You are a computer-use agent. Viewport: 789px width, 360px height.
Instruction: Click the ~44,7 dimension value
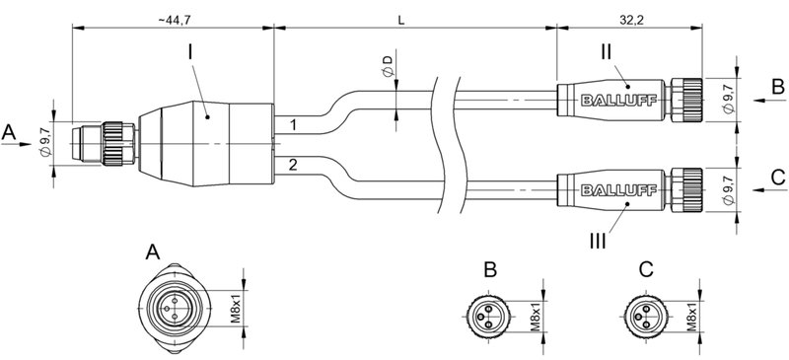(x=171, y=17)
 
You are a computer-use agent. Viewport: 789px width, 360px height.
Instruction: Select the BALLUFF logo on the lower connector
(x=609, y=186)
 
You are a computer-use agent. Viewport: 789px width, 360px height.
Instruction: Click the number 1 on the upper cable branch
(x=292, y=125)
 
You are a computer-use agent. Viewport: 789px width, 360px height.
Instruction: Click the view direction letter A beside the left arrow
(x=10, y=130)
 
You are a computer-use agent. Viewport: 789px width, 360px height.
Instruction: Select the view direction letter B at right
(x=777, y=88)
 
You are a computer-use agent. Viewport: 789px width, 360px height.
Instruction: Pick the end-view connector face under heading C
(x=644, y=315)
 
